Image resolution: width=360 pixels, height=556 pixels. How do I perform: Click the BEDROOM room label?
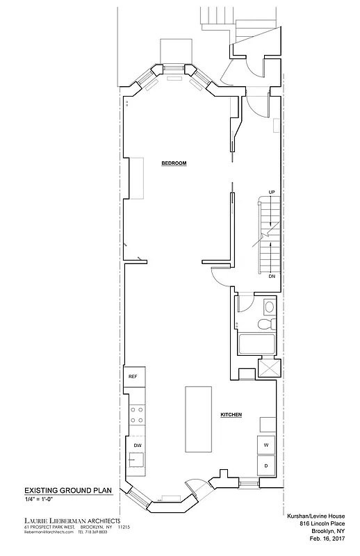(x=174, y=163)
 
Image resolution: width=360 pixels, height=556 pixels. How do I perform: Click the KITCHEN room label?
(x=231, y=415)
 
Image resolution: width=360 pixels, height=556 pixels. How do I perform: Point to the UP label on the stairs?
(x=272, y=192)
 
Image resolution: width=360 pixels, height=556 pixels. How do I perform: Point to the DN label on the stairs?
(x=272, y=276)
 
